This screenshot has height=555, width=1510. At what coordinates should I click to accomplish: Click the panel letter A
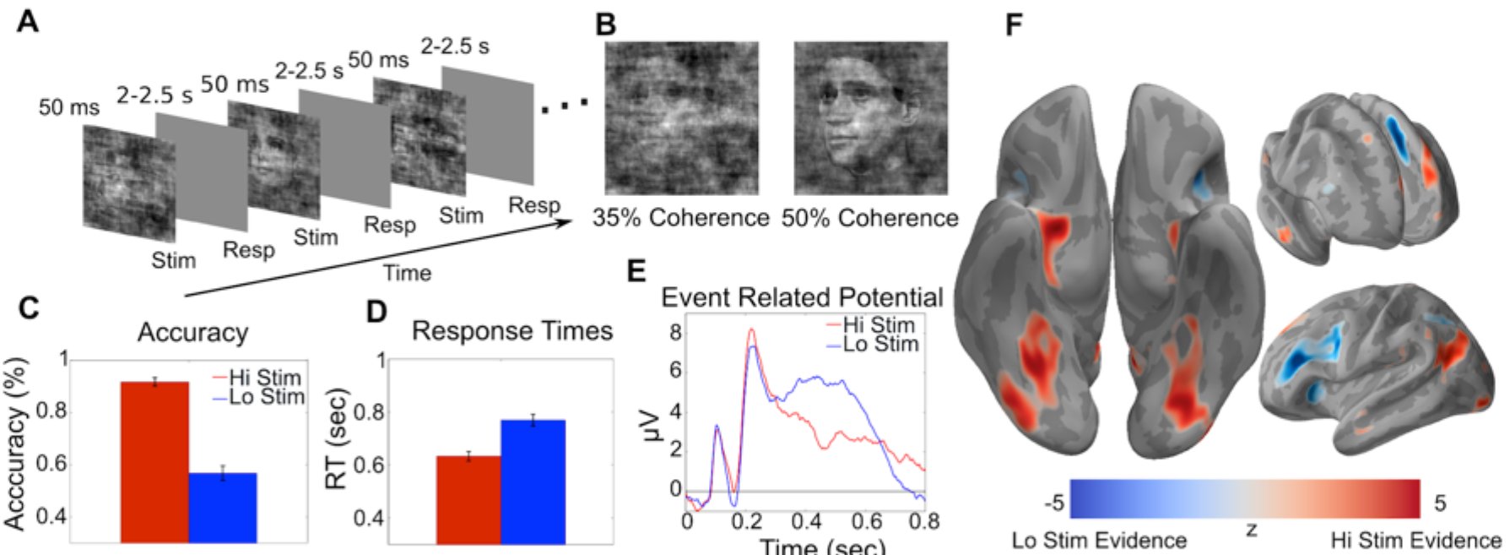[x=28, y=20]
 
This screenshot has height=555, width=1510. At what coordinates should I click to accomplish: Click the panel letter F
[x=1015, y=25]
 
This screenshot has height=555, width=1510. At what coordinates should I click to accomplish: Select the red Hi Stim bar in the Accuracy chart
[x=154, y=462]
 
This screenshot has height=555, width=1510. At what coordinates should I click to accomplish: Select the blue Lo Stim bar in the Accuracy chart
[x=223, y=508]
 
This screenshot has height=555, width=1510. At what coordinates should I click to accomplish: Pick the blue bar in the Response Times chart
[x=533, y=482]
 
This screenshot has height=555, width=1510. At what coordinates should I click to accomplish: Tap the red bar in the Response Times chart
[x=468, y=499]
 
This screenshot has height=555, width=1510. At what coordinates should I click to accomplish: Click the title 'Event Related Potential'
[x=802, y=297]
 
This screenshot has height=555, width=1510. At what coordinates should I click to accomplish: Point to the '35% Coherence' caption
[x=680, y=218]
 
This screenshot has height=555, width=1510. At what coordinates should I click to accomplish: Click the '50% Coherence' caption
[x=869, y=218]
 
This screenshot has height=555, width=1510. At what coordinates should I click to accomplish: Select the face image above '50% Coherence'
[x=870, y=118]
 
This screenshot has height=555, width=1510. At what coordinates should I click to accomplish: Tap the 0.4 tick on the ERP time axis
[x=807, y=521]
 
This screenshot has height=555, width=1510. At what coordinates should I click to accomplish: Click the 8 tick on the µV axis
[x=675, y=332]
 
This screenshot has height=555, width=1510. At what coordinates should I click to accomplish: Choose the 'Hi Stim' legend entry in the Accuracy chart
[x=257, y=378]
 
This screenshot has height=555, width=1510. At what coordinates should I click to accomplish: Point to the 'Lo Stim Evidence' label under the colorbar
[x=1099, y=540]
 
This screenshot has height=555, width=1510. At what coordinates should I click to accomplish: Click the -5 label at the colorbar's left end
[x=1054, y=503]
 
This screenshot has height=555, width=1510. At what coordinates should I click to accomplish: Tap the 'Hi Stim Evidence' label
[x=1415, y=540]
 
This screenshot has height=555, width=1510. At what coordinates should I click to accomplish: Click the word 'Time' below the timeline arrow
[x=407, y=273]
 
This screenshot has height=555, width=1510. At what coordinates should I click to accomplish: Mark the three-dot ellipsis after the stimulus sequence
[x=564, y=106]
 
